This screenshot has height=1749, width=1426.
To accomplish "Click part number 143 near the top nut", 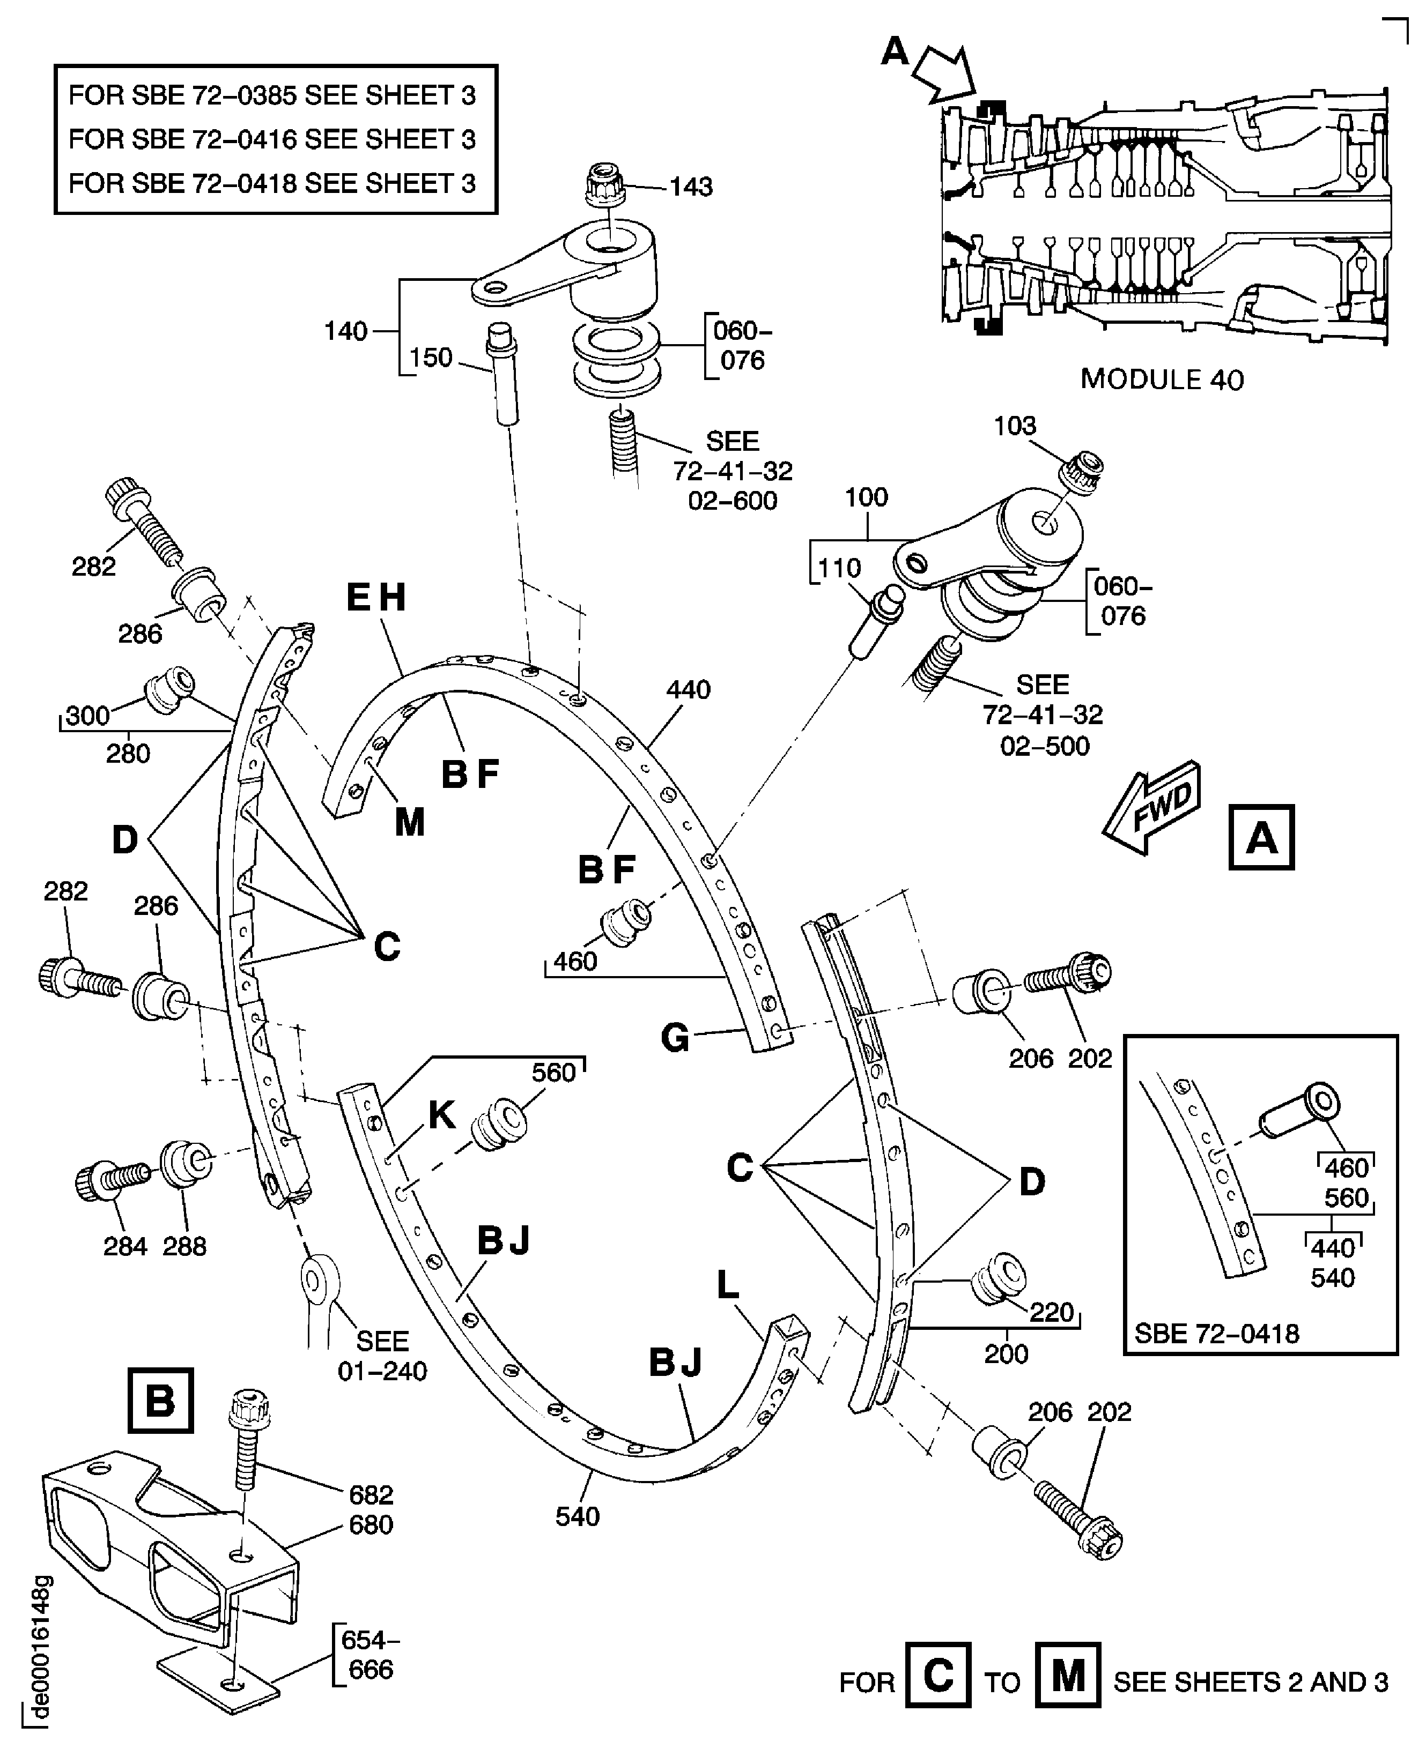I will pos(691,187).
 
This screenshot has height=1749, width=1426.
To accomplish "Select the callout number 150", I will pos(431,358).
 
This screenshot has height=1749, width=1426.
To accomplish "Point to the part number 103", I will pos(1015,426).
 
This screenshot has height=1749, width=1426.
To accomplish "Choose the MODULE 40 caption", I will pos(1162,379).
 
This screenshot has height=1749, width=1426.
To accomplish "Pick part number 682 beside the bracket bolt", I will pos(371,1494).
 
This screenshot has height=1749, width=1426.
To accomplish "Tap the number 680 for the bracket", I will pos(371,1525).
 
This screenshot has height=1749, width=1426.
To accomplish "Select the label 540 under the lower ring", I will pos(578,1516).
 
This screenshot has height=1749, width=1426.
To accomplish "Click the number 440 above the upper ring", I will pos(689,690).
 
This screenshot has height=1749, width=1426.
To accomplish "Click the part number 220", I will pos(1052,1312).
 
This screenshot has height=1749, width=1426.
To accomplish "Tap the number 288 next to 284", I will pos(184,1246).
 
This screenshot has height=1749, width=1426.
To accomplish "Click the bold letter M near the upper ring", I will pos(410,822).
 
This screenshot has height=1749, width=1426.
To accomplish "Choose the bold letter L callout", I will pos(728,1286).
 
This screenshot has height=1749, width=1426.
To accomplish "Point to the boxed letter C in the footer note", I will pos(938,1675).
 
